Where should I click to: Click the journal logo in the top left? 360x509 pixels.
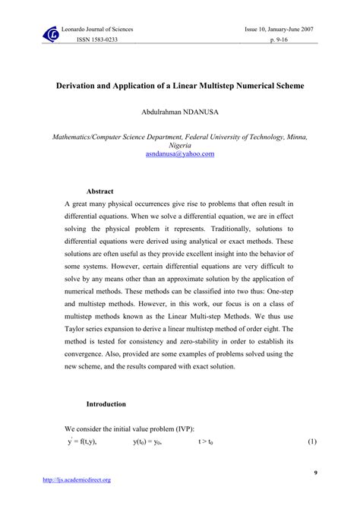click(x=52, y=33)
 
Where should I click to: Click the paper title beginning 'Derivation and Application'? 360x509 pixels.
click(x=180, y=87)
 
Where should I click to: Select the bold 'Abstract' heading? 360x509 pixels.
click(x=99, y=191)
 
